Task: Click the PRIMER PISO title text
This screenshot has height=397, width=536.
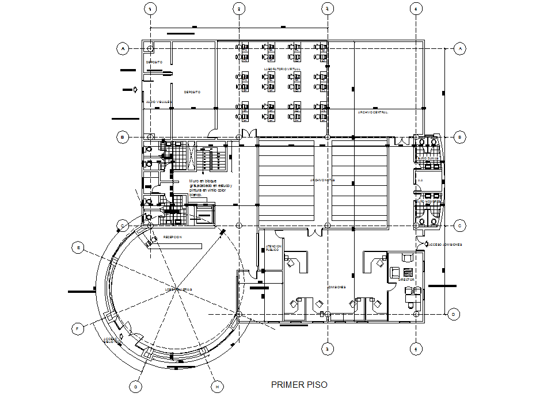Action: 299,384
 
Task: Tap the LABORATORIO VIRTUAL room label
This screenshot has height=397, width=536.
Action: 282,69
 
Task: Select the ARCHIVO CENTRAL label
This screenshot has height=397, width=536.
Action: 372,112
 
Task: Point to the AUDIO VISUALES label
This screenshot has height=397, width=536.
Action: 159,101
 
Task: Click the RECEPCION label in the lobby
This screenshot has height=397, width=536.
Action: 172,237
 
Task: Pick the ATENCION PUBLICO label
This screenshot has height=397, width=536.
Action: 272,249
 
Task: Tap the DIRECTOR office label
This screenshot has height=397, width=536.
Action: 406,280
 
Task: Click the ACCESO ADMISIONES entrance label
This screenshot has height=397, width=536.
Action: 444,245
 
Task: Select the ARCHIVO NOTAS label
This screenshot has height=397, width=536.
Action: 322,180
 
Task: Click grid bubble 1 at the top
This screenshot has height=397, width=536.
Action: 150,9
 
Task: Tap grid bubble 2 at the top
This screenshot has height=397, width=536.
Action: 238,9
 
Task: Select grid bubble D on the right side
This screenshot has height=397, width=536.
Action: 453,314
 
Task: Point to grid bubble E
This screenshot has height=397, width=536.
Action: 78,247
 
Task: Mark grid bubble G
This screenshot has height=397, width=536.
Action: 135,387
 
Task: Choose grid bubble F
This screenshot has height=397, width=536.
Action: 77,329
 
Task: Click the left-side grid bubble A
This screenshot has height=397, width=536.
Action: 122,49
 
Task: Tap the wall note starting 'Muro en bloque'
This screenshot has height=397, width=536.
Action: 210,188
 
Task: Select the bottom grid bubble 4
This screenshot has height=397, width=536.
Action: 415,348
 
